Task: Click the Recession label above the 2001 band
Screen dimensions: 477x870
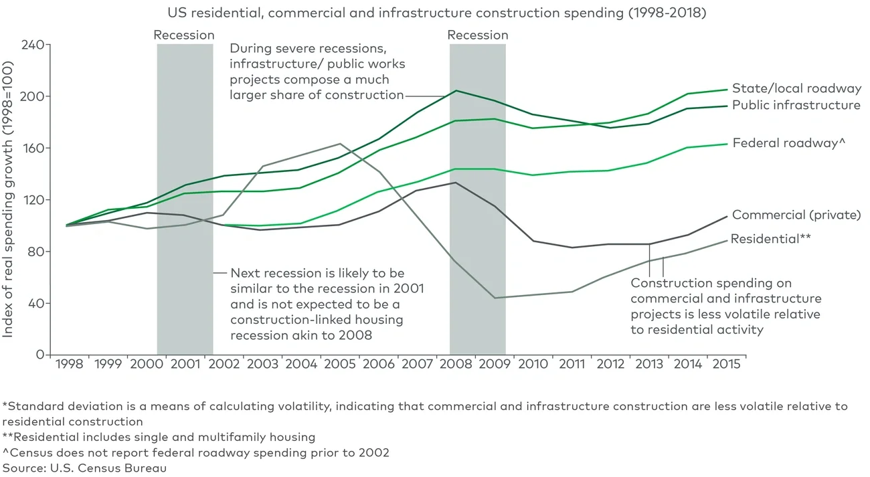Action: pyautogui.click(x=184, y=35)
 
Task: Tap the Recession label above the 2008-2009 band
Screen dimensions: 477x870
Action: pyautogui.click(x=477, y=35)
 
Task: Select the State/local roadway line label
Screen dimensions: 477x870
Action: pyautogui.click(x=796, y=88)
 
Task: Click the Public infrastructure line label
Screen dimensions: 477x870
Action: pyautogui.click(x=796, y=105)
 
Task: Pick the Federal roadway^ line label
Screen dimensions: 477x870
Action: pyautogui.click(x=785, y=142)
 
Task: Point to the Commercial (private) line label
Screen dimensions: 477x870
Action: pyautogui.click(x=796, y=215)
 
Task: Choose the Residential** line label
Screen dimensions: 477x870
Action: pyautogui.click(x=771, y=239)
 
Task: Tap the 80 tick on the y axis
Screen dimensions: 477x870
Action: pyautogui.click(x=36, y=252)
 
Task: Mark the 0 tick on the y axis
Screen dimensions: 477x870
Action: pyautogui.click(x=39, y=355)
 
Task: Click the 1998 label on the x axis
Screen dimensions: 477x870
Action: pyautogui.click(x=70, y=365)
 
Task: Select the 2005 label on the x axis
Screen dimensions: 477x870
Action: pyautogui.click(x=341, y=365)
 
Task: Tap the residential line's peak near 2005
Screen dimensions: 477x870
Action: pyautogui.click(x=341, y=143)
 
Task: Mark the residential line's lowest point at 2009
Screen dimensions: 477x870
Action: pyautogui.click(x=495, y=298)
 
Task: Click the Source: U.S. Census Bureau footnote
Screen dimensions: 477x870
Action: pyautogui.click(x=84, y=468)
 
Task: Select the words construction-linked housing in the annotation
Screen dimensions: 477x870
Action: pyautogui.click(x=317, y=319)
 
